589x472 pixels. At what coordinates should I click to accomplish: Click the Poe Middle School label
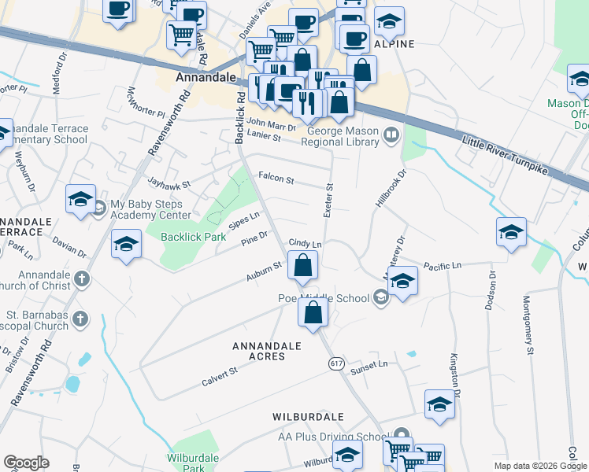coord(323,298)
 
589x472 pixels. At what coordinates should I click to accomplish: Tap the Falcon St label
coord(276,180)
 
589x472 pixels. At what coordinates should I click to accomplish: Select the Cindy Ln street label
coord(306,244)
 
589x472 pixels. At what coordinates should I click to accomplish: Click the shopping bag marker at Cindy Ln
coord(302,266)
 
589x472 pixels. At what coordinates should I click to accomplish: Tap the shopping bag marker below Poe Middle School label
coord(313,312)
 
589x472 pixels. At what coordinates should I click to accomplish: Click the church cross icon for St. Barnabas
coord(79,319)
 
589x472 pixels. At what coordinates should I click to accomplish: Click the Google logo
coord(26,463)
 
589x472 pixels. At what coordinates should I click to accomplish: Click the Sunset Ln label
coord(369,365)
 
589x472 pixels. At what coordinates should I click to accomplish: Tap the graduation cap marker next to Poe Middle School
coord(402,283)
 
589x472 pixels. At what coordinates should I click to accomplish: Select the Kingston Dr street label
coord(454,371)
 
